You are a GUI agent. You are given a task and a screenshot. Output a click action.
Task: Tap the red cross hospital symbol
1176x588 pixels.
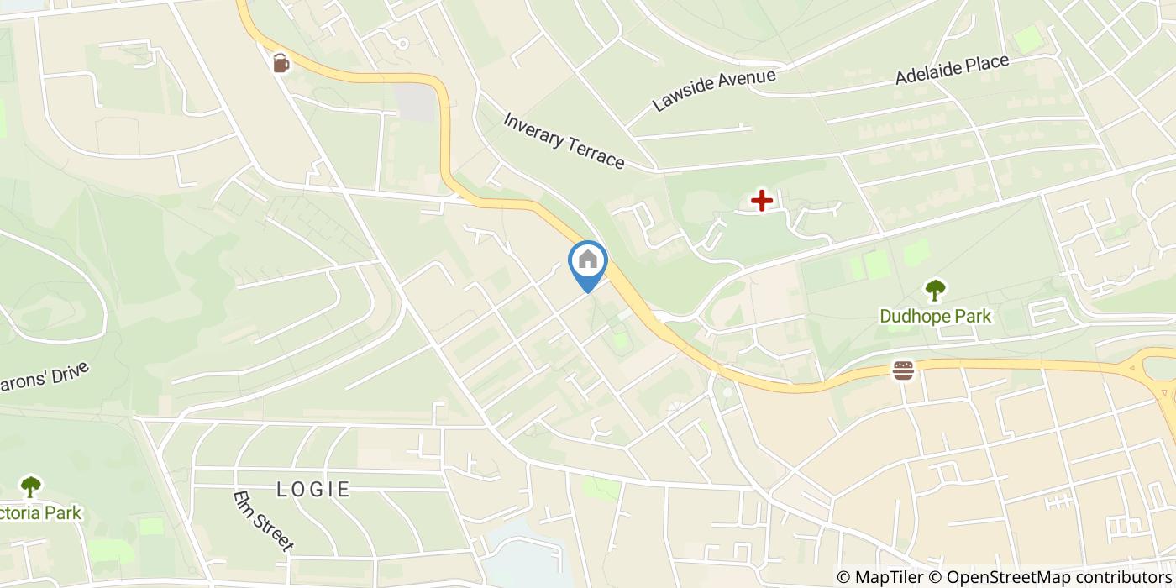click(x=762, y=201)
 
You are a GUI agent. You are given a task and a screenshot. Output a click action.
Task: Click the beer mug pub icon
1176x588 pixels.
click(x=281, y=63)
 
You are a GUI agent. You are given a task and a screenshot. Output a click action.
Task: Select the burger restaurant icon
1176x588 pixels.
click(x=904, y=370)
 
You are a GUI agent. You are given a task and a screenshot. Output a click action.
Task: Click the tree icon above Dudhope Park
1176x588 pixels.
click(x=935, y=291)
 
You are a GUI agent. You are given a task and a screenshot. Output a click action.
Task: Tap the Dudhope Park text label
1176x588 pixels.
click(x=935, y=317)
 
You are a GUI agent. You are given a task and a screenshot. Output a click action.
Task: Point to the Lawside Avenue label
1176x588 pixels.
click(x=713, y=90)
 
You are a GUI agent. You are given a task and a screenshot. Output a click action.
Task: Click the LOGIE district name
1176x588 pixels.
click(x=313, y=489)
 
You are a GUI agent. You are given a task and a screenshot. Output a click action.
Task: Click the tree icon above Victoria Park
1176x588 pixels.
click(x=31, y=486)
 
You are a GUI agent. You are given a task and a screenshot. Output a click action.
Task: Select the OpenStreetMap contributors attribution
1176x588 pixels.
click(x=1050, y=577)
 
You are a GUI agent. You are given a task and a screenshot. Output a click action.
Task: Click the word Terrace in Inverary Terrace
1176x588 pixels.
click(x=594, y=153)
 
